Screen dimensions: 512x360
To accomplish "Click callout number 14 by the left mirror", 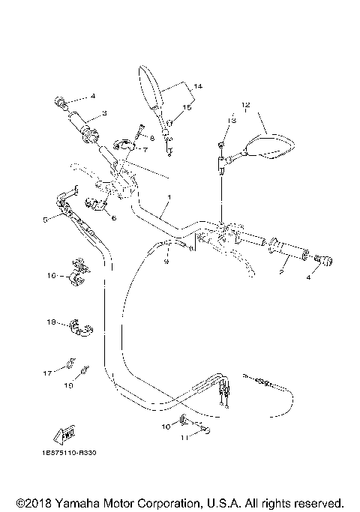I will pos(198,86).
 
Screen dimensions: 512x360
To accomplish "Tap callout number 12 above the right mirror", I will pos(244,104).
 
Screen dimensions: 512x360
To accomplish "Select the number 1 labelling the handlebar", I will pos(169,196).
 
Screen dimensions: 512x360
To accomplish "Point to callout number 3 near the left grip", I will pos(104,112).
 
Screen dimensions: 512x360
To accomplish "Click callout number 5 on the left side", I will pos(45,219).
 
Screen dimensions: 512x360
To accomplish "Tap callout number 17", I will pos(47,372).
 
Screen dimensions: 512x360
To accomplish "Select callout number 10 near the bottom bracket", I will pos(166,426).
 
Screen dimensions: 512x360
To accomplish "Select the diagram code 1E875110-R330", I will pos(70,453).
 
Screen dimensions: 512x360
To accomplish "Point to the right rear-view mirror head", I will pos(268,145).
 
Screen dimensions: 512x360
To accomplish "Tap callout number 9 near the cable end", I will pos(167,262).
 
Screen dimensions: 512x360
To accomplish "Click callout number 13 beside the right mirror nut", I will pos(232,120).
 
